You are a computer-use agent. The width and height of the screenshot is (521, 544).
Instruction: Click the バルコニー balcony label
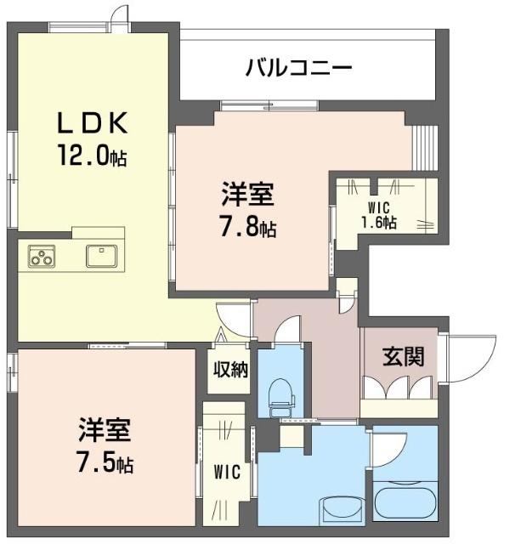298,67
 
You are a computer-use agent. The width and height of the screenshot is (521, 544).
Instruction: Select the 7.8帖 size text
248,228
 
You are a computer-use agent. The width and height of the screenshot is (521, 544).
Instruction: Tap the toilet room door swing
287,330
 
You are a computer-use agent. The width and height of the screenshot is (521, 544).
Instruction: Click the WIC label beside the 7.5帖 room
227,472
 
